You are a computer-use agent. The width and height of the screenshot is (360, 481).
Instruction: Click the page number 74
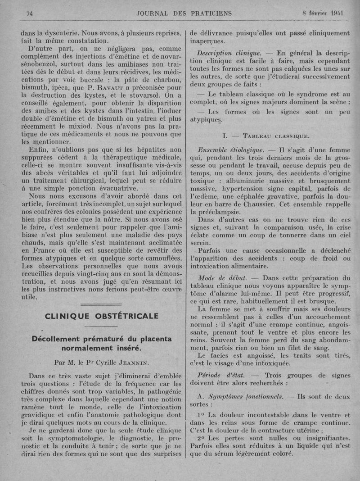pyautogui.click(x=31, y=14)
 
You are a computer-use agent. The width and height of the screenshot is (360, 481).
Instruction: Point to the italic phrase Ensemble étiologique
pyautogui.click(x=230, y=149)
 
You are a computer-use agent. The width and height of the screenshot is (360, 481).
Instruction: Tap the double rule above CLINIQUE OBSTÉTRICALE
pyautogui.click(x=101, y=305)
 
